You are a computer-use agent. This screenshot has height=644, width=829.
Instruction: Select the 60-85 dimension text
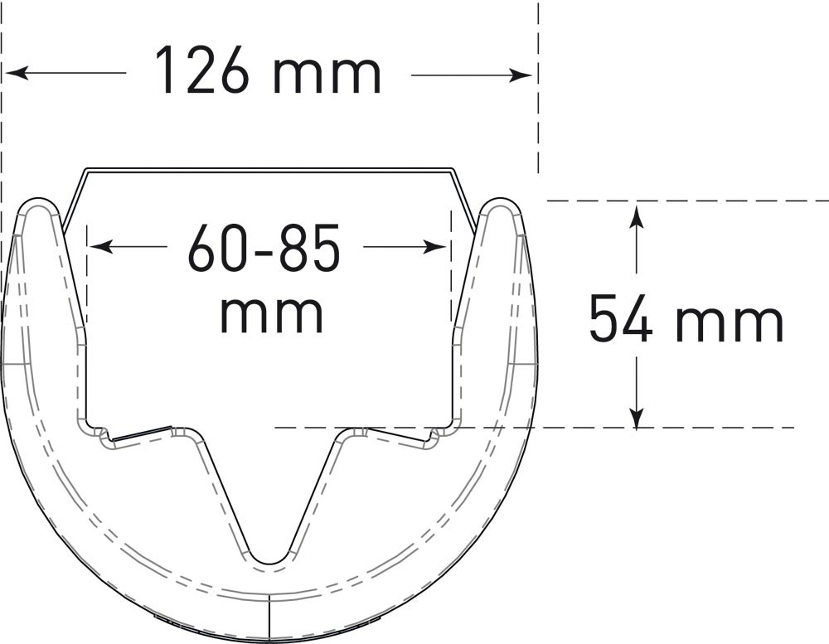(x=264, y=247)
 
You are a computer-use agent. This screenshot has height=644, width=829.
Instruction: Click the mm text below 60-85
(x=271, y=315)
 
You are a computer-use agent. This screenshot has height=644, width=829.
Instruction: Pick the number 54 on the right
(x=621, y=319)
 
